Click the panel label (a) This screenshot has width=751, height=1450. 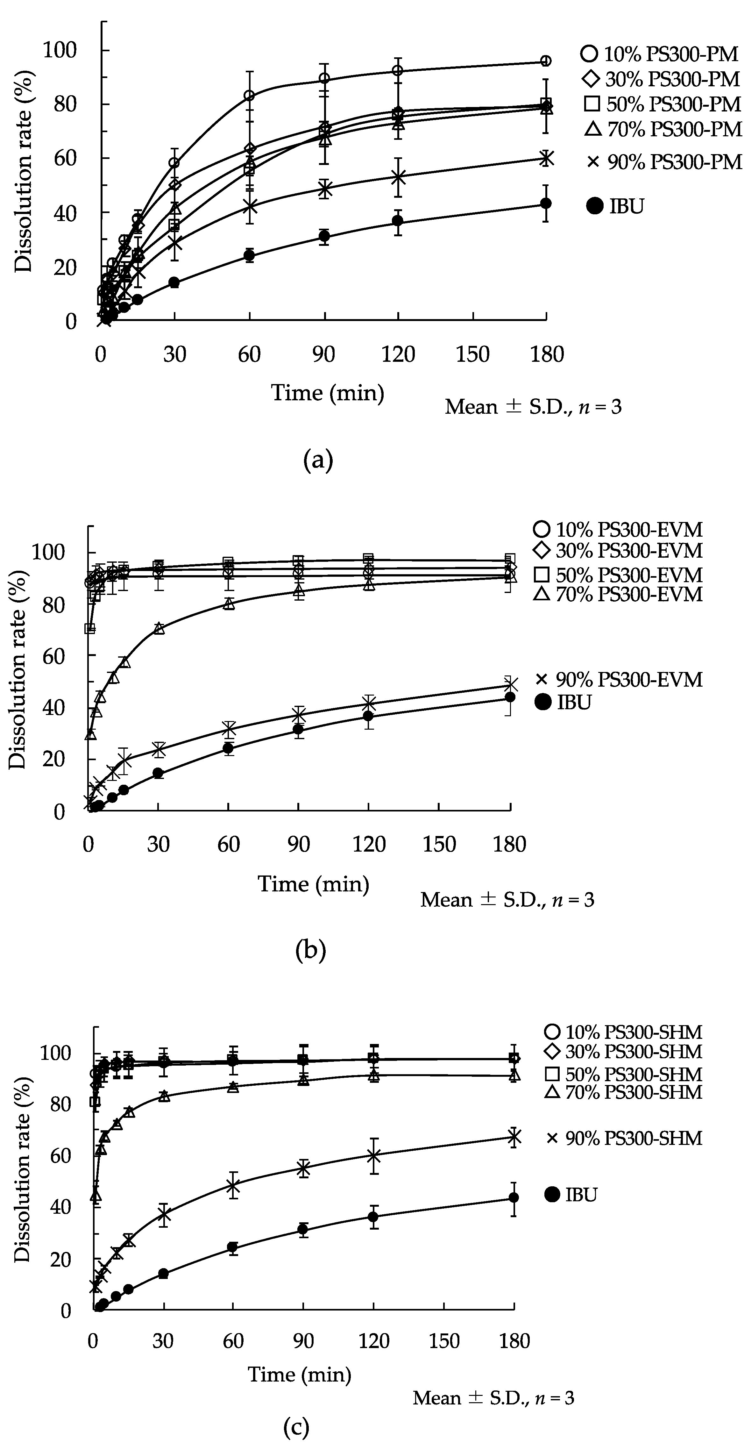tap(318, 461)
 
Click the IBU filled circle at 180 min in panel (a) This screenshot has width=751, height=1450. tap(545, 203)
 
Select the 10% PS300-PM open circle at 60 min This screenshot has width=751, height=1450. tap(249, 95)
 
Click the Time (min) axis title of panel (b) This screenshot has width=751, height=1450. tap(313, 883)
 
